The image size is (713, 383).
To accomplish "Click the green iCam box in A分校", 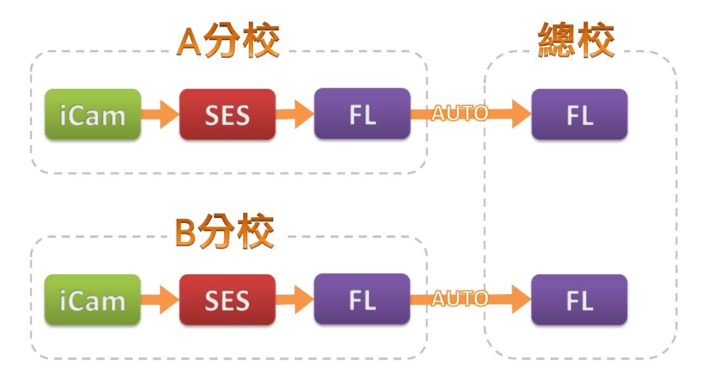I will coord(92,114).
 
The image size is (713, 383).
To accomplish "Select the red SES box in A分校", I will coord(227,114).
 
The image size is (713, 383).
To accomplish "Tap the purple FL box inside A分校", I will coord(362,114).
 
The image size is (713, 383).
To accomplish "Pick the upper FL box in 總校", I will coord(579,114).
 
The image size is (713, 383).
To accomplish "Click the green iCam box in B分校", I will coord(92,300).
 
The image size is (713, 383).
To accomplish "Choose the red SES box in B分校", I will coord(227,300).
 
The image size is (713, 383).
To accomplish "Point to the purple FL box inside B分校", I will coord(362,299).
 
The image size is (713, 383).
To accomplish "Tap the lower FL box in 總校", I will coord(579,300).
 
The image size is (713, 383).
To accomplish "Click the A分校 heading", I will coord(228,41).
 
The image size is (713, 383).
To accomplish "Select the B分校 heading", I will coord(225,232).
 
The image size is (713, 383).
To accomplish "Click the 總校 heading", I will coord(576,41).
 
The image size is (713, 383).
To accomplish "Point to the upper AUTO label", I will coord(460,113).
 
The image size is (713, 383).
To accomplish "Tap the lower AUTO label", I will coord(460,299).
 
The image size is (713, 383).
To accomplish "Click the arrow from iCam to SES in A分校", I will coord(160,114).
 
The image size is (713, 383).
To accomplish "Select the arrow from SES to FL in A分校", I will coord(295,114).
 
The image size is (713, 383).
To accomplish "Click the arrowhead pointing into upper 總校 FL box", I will coord(522,114).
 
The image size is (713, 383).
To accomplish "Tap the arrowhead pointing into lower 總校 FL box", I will coord(522,299).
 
